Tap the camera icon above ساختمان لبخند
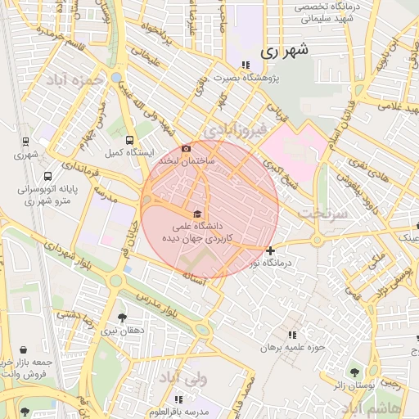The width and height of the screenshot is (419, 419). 187,148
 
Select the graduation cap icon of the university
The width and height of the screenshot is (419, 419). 196,214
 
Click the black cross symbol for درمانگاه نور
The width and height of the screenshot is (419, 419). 270,250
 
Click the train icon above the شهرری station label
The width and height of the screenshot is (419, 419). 25,142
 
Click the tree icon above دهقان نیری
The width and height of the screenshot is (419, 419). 122,318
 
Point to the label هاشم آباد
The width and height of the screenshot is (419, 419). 372,407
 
